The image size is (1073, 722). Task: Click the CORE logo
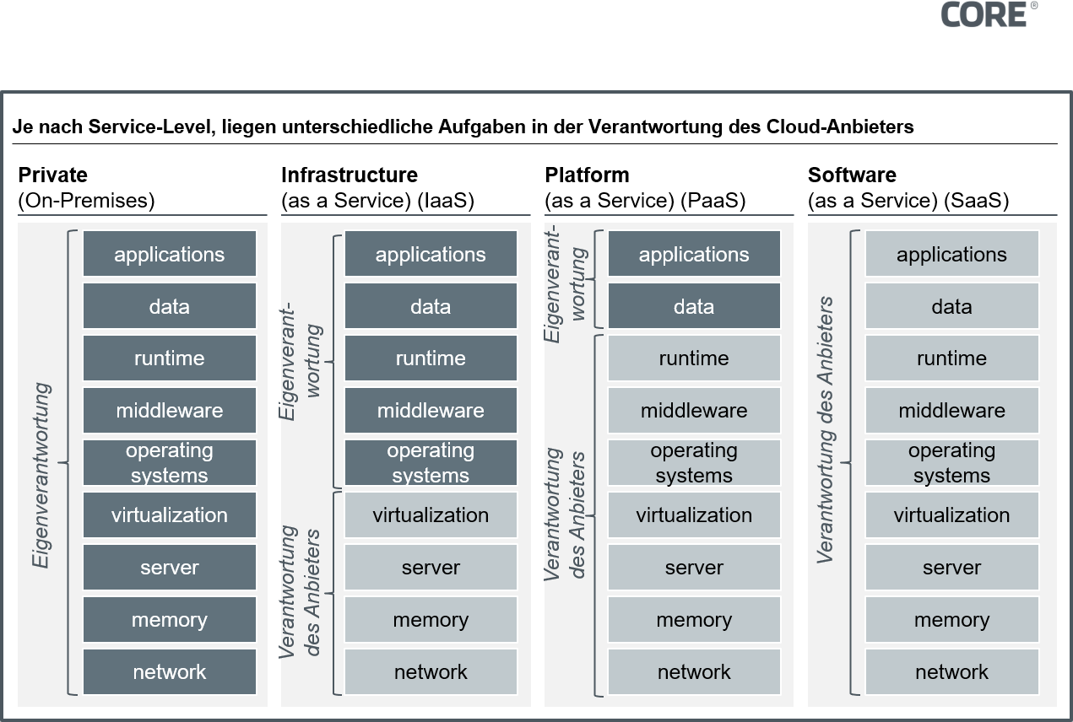(989, 14)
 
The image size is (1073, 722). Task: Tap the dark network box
(169, 672)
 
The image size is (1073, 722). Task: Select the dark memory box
(169, 620)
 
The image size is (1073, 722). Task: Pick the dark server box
(169, 568)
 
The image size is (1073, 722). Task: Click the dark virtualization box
(169, 515)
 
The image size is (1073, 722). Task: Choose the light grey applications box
(951, 255)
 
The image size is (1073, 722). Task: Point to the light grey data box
(951, 307)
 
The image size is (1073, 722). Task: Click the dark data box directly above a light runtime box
(694, 307)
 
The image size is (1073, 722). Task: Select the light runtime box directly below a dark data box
(694, 358)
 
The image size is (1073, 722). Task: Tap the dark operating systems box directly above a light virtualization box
(431, 462)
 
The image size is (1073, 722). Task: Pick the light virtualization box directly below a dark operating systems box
(431, 515)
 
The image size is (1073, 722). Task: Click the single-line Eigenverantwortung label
(41, 476)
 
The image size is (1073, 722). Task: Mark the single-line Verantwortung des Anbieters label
(826, 430)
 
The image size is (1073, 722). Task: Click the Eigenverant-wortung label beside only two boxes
(566, 283)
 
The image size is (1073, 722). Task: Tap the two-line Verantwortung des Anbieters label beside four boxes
(301, 590)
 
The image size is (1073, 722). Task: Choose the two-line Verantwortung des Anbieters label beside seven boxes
(566, 515)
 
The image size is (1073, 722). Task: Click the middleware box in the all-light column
(951, 411)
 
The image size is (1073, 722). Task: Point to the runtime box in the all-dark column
(169, 358)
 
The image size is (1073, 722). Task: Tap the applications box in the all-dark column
(169, 255)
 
